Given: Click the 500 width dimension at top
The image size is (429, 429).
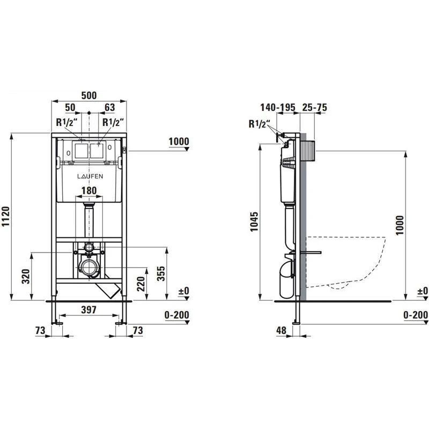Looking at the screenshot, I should point(88,96).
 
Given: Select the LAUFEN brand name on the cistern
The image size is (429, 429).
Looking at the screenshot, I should point(88,176).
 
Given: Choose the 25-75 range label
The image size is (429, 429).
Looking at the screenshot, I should point(314,108).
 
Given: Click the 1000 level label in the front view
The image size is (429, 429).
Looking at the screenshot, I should point(179,142).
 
